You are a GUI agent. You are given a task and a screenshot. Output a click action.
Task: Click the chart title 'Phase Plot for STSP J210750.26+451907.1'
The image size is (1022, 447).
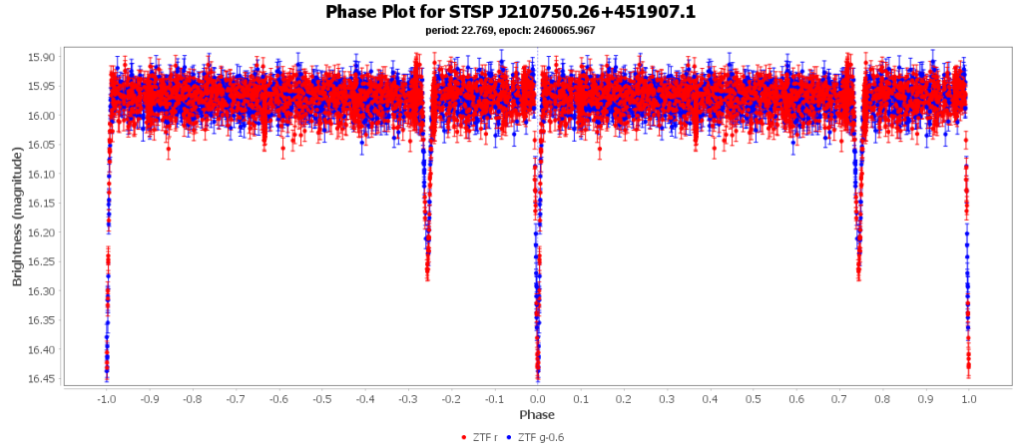click(510, 12)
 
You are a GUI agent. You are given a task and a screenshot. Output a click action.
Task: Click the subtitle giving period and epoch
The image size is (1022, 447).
click(510, 30)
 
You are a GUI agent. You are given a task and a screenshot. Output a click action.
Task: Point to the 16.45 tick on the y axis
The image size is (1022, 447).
click(43, 379)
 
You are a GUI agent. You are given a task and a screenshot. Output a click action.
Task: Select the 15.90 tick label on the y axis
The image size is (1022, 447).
click(43, 57)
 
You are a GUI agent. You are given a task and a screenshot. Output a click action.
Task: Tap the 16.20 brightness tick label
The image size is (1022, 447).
click(43, 232)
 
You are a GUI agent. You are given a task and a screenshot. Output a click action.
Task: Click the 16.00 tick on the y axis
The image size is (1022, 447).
click(43, 116)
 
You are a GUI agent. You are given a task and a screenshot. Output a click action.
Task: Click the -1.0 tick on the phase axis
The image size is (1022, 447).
click(105, 398)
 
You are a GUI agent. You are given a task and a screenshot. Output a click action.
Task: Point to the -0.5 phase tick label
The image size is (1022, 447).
click(321, 398)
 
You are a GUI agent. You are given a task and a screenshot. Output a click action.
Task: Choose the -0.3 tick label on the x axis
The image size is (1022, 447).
click(408, 398)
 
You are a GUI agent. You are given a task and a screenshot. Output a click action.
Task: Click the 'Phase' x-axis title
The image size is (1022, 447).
click(537, 414)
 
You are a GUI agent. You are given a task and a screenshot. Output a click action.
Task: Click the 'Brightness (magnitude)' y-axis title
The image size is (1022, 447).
click(17, 218)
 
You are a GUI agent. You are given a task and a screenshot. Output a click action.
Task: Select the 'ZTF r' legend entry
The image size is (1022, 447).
click(479, 437)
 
